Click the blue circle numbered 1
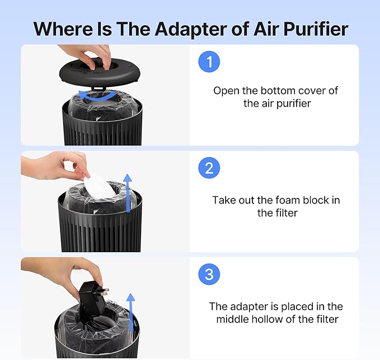point(209,63)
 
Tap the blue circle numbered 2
point(209,168)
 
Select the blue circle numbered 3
point(209,274)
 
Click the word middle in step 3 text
point(234,319)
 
